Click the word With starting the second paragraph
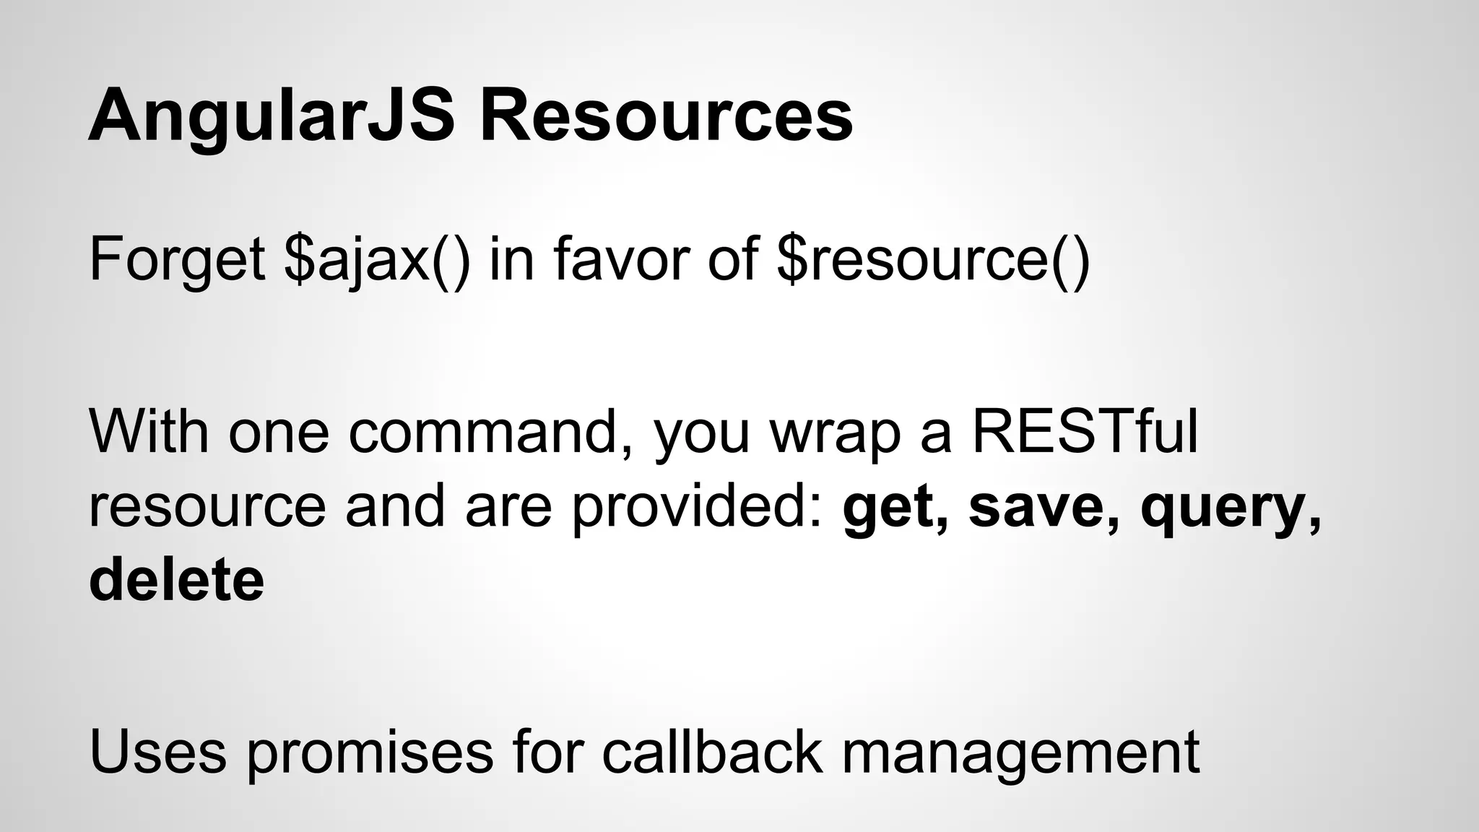tap(149, 432)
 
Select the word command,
tap(492, 432)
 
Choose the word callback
tap(711, 753)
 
